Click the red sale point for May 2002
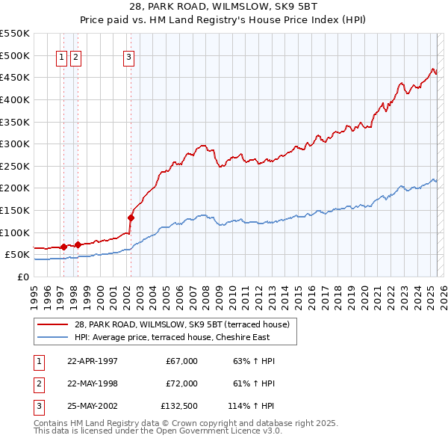[x=131, y=218]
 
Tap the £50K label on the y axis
[x=17, y=254]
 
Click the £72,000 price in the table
[x=181, y=383]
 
